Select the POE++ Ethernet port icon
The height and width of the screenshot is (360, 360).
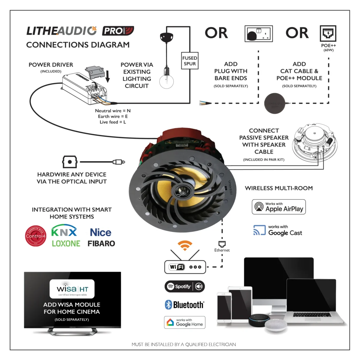pos(328,34)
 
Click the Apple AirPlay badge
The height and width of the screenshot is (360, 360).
pos(279,207)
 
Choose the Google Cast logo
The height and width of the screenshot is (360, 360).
pos(278,230)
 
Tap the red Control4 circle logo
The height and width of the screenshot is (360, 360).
pos(36,236)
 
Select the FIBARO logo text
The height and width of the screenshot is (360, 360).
pos(101,243)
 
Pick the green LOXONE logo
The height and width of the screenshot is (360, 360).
pos(66,243)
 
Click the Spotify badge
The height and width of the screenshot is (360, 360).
pos(185,287)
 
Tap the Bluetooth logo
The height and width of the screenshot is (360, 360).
pos(185,305)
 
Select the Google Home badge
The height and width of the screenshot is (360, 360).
pos(185,322)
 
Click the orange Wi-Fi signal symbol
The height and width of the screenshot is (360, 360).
pos(185,245)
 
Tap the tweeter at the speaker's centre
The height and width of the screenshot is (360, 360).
pos(182,190)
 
